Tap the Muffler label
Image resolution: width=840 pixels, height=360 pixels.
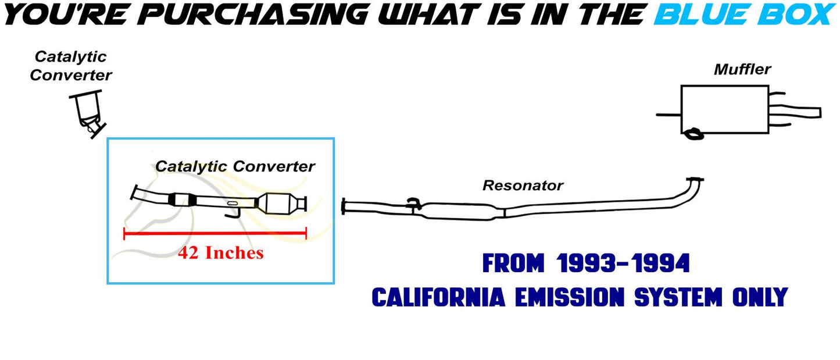[742, 69]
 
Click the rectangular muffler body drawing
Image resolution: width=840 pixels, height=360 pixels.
[724, 109]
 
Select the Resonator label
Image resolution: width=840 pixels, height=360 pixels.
[523, 186]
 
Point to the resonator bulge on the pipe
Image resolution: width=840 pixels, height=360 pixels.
[460, 210]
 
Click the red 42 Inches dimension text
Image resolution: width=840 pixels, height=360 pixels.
[220, 253]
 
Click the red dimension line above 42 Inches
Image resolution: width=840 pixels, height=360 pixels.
[215, 234]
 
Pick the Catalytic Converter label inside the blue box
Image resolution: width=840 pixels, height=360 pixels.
[235, 166]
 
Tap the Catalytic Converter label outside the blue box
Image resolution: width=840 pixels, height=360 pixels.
[71, 66]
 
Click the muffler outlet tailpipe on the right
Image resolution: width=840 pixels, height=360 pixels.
[802, 112]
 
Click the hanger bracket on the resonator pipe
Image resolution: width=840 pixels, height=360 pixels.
[413, 203]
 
